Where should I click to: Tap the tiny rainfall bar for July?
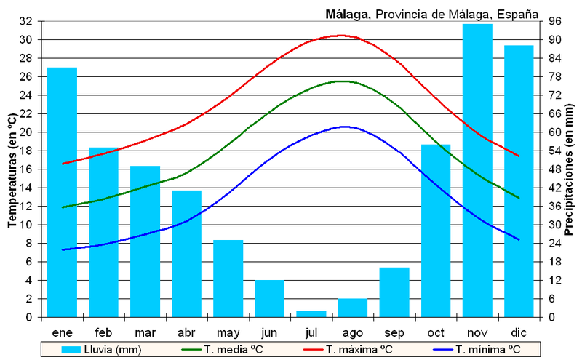[311, 314]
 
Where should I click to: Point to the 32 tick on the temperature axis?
[26, 22]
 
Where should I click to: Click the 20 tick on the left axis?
[26, 132]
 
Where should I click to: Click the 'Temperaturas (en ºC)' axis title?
[12, 170]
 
